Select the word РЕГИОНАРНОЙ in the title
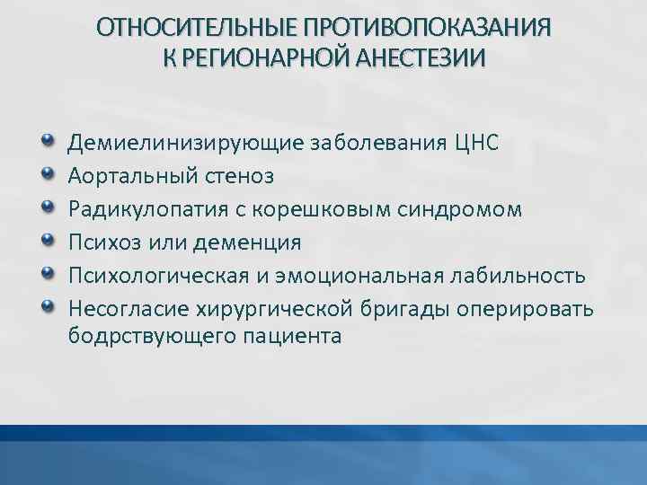pyautogui.click(x=265, y=57)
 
